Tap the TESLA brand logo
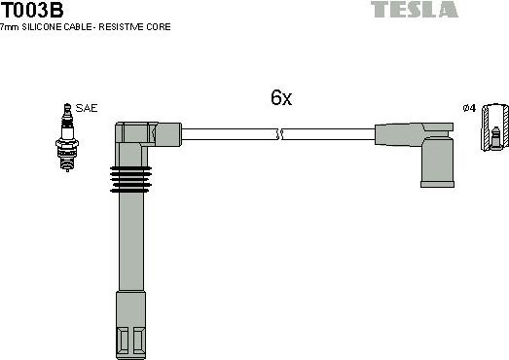pyautogui.click(x=414, y=10)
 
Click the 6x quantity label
pyautogui.click(x=281, y=98)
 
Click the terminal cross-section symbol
pyautogui.click(x=496, y=126)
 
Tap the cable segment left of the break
pyautogui.click(x=230, y=134)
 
